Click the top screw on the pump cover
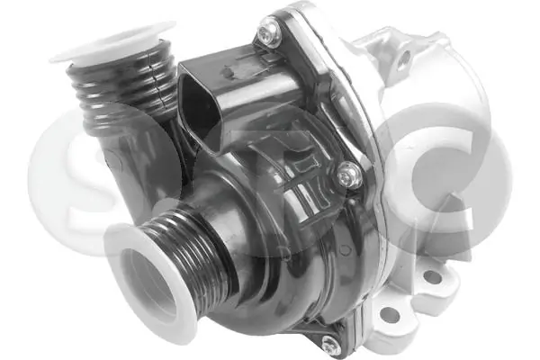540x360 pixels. click(x=266, y=35)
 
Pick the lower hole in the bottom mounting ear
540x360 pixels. click(x=390, y=316)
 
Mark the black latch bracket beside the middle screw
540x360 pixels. click(x=310, y=189)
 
